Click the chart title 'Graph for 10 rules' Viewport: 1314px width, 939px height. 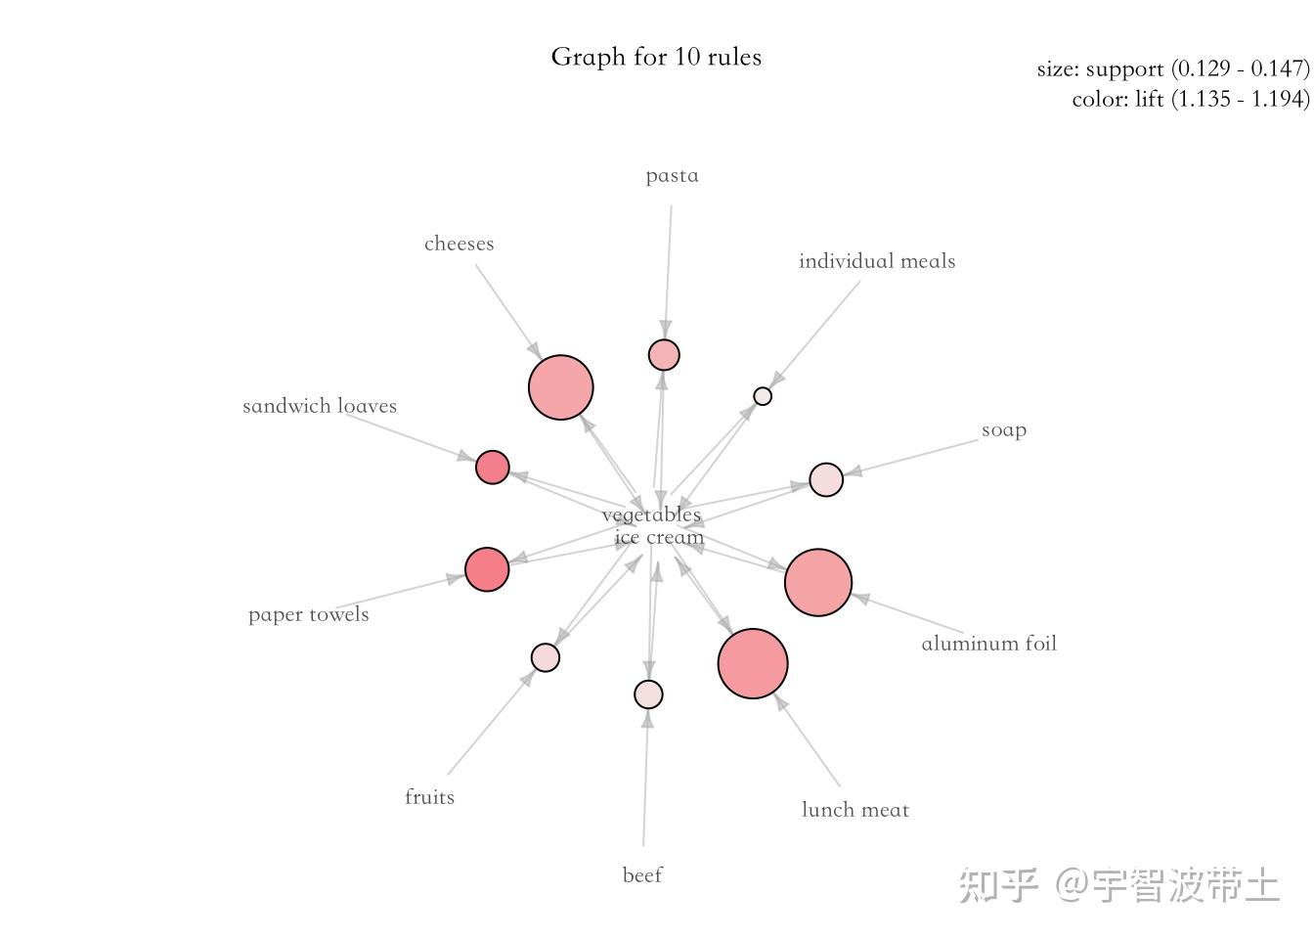click(x=656, y=57)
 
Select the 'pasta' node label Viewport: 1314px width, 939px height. click(x=672, y=176)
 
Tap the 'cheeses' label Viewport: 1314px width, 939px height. click(x=459, y=244)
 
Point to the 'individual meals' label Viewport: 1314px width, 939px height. click(x=876, y=261)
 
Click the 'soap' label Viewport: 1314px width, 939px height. click(x=1003, y=430)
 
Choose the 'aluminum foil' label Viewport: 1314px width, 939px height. click(x=988, y=644)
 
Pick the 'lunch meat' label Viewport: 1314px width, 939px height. click(x=854, y=810)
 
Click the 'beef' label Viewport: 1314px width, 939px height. click(x=642, y=875)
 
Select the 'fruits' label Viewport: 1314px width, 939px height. click(x=429, y=797)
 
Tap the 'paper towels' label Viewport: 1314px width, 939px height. click(x=308, y=614)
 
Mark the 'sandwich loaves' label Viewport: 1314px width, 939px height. click(x=320, y=406)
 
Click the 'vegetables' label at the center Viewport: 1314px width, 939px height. click(x=651, y=514)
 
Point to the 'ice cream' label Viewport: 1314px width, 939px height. click(x=659, y=537)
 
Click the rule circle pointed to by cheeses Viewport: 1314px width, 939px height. click(x=561, y=387)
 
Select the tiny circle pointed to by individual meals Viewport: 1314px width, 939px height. click(x=763, y=396)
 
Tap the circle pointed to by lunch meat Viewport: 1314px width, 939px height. click(x=753, y=663)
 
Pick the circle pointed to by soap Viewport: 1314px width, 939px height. click(x=826, y=480)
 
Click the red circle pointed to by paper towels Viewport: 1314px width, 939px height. click(x=487, y=569)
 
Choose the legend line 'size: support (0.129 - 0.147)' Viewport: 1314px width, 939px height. click(x=1172, y=68)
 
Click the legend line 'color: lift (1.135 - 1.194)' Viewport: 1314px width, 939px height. click(x=1190, y=99)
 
